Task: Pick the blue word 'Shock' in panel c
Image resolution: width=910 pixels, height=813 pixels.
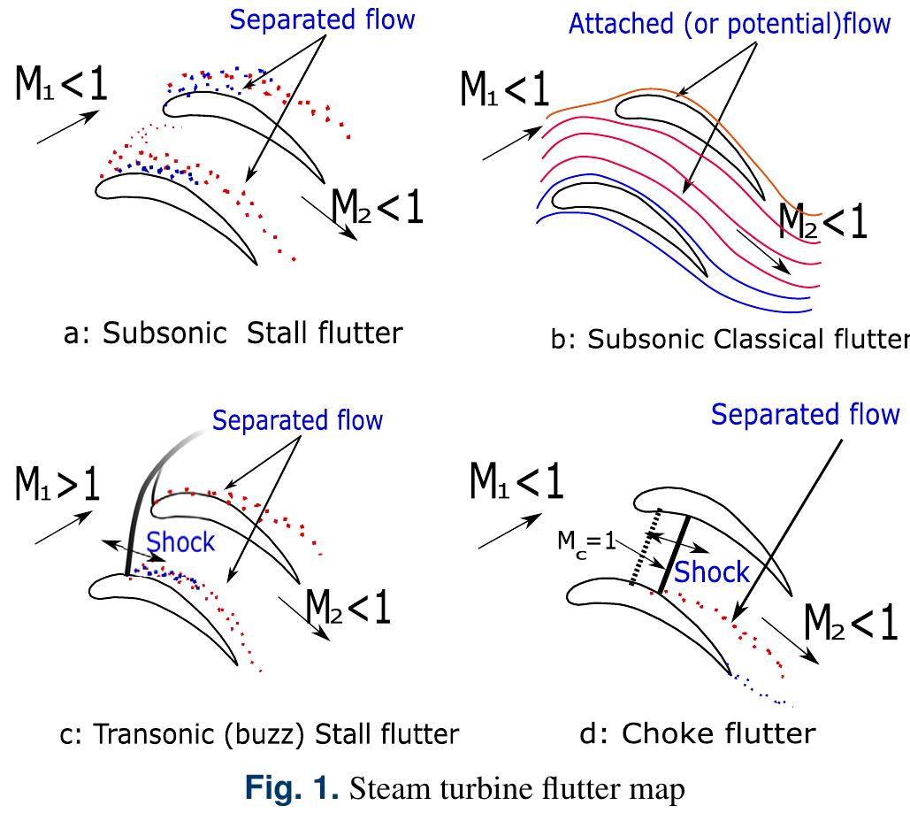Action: point(181,541)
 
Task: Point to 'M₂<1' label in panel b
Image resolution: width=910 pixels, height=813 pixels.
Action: point(823,224)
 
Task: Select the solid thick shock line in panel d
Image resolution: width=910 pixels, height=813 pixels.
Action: point(675,551)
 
